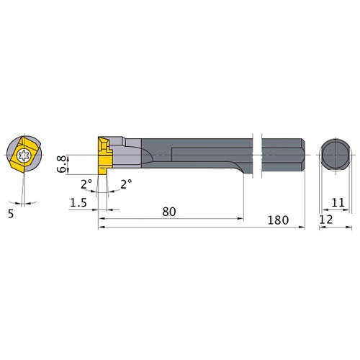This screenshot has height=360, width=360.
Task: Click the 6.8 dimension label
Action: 61,164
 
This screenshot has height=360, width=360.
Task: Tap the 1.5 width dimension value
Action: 78,203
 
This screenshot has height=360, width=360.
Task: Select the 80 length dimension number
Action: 169,212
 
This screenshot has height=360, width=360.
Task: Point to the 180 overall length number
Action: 278,220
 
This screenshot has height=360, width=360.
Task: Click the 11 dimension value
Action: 338,203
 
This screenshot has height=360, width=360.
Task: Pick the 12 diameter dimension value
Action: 326,220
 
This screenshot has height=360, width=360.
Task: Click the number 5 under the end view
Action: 11,214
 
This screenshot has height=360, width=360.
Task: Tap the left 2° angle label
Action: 86,184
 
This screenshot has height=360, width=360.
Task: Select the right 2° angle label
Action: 126,184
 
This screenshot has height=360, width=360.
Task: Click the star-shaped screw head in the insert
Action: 24,155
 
